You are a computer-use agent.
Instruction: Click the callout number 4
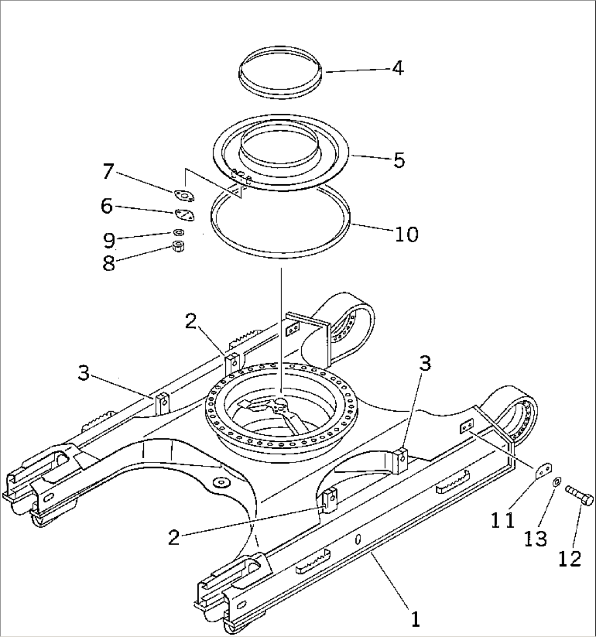[x=398, y=68]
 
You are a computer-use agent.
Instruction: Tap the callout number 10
[x=406, y=234]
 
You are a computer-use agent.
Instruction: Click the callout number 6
[x=107, y=206]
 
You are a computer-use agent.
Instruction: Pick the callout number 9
[x=109, y=240]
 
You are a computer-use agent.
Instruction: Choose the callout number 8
[x=109, y=264]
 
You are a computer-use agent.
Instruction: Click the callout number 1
[x=416, y=620]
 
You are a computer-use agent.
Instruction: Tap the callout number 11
[x=502, y=520]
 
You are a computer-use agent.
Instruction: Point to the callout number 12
[x=570, y=559]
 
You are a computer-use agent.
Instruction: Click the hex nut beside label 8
[x=178, y=247]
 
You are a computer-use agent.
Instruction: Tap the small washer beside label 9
[x=178, y=233]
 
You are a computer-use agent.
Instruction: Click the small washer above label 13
[x=556, y=482]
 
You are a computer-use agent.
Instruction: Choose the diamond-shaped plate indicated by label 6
[x=185, y=214]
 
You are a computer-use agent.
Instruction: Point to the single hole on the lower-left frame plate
[x=221, y=482]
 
